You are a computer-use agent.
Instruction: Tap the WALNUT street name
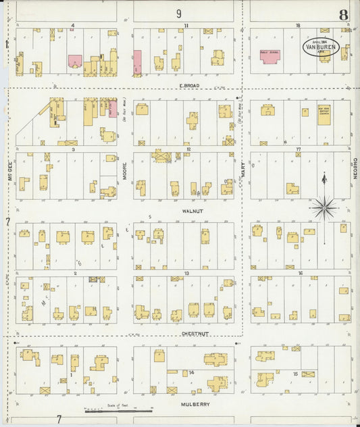tap(192, 211)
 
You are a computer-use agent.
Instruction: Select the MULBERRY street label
tap(195, 404)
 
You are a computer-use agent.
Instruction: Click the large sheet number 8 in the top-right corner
tap(344, 14)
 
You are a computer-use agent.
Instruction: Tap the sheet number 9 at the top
tap(179, 13)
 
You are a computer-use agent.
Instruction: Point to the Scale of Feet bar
tap(119, 409)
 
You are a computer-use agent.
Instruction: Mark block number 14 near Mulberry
tap(192, 372)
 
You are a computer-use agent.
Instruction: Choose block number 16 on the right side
tap(299, 274)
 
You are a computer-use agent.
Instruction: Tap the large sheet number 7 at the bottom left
tap(59, 419)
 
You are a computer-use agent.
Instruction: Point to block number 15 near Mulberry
tap(295, 372)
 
